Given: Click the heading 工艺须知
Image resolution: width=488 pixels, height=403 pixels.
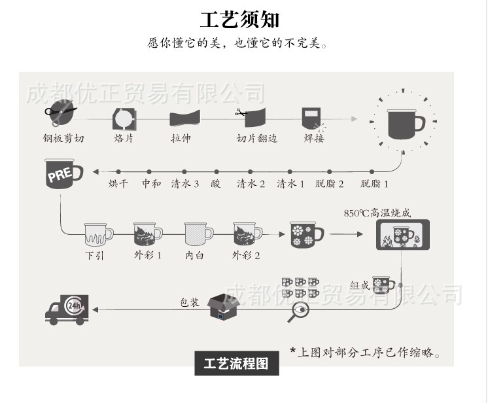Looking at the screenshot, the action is coord(239,20).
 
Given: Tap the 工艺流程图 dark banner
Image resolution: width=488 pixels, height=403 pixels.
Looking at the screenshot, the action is coord(237,363).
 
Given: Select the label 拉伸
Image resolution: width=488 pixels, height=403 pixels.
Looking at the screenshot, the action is coord(181,138).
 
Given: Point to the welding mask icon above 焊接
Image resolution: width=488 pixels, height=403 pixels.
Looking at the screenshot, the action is coord(311,118).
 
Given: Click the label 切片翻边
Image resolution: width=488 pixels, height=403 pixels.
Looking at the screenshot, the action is coord(256,138).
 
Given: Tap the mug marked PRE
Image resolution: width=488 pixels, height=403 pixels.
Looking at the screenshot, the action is coord(64,173).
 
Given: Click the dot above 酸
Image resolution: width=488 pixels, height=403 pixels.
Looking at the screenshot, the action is coord(217,172).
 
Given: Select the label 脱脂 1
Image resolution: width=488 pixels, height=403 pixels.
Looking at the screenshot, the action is coord(374,184).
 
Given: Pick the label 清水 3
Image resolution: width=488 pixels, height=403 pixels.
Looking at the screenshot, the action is coord(185,184).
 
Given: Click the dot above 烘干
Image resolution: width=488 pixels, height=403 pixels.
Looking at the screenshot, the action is coord(118,172).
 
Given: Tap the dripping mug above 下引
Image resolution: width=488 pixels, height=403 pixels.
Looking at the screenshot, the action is coord(98,234).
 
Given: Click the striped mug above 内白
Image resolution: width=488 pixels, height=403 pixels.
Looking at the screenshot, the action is coord(198,234).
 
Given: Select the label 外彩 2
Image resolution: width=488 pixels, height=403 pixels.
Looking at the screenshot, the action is coord(245,256).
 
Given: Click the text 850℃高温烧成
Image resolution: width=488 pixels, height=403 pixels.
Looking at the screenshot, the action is coord(377,213).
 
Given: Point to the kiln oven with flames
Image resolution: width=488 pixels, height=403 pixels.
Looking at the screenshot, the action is coord(403,235).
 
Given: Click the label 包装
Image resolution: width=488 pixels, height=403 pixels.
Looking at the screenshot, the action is coord(190,302).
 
